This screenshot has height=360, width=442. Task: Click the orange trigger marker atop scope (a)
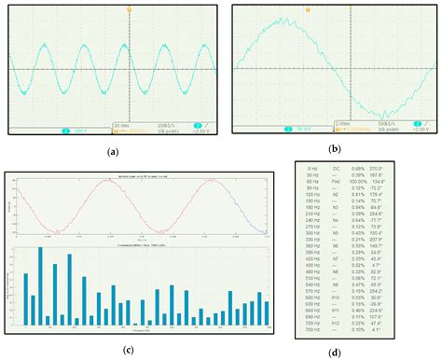(x=113, y=9)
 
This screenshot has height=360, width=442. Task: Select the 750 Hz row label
(x=311, y=328)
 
